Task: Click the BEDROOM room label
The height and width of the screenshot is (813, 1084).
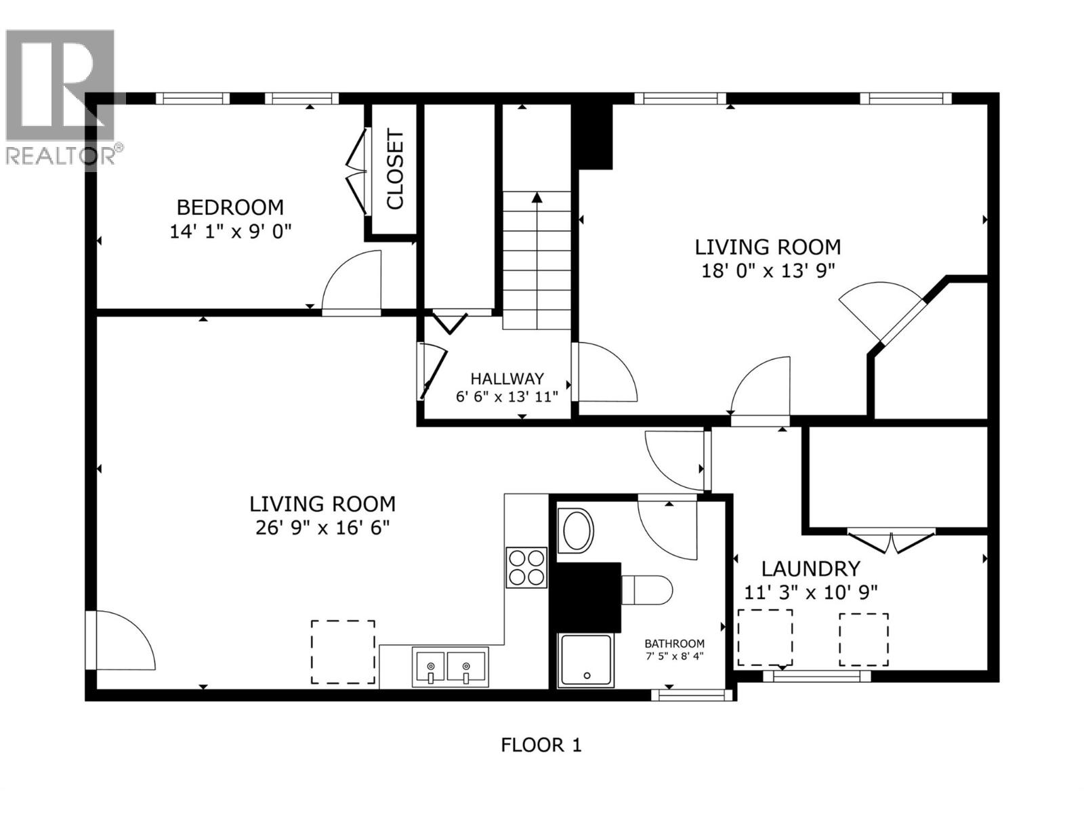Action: click(230, 207)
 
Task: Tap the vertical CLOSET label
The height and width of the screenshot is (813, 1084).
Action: click(395, 169)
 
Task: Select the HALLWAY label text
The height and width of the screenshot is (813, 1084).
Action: click(507, 379)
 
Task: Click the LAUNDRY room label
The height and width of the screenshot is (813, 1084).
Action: click(810, 568)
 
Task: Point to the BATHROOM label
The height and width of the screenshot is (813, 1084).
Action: click(674, 644)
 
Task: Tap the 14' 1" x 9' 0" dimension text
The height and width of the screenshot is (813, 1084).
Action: click(230, 232)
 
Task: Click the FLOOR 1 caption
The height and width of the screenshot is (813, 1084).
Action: click(541, 745)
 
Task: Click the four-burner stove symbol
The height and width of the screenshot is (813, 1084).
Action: click(526, 567)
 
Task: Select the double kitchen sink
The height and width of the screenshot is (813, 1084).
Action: click(449, 666)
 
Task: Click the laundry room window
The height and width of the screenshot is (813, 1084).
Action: click(816, 675)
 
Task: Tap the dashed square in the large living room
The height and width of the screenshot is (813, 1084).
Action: click(343, 652)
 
